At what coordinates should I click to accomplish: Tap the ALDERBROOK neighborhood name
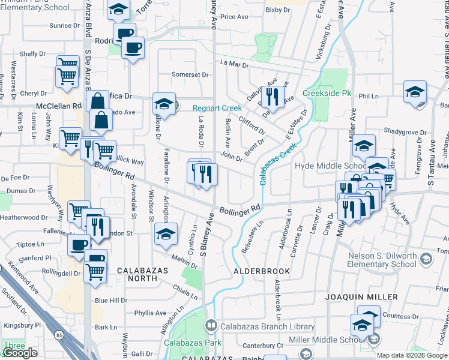(262, 271)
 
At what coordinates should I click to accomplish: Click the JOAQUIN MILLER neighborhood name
(361, 297)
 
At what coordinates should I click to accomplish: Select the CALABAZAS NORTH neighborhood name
(145, 271)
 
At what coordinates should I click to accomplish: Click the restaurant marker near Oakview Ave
(273, 96)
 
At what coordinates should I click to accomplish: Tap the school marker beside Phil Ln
(415, 92)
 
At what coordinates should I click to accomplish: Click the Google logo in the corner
(20, 353)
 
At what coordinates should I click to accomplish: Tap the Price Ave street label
(234, 17)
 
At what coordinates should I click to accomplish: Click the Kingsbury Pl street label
(21, 325)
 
